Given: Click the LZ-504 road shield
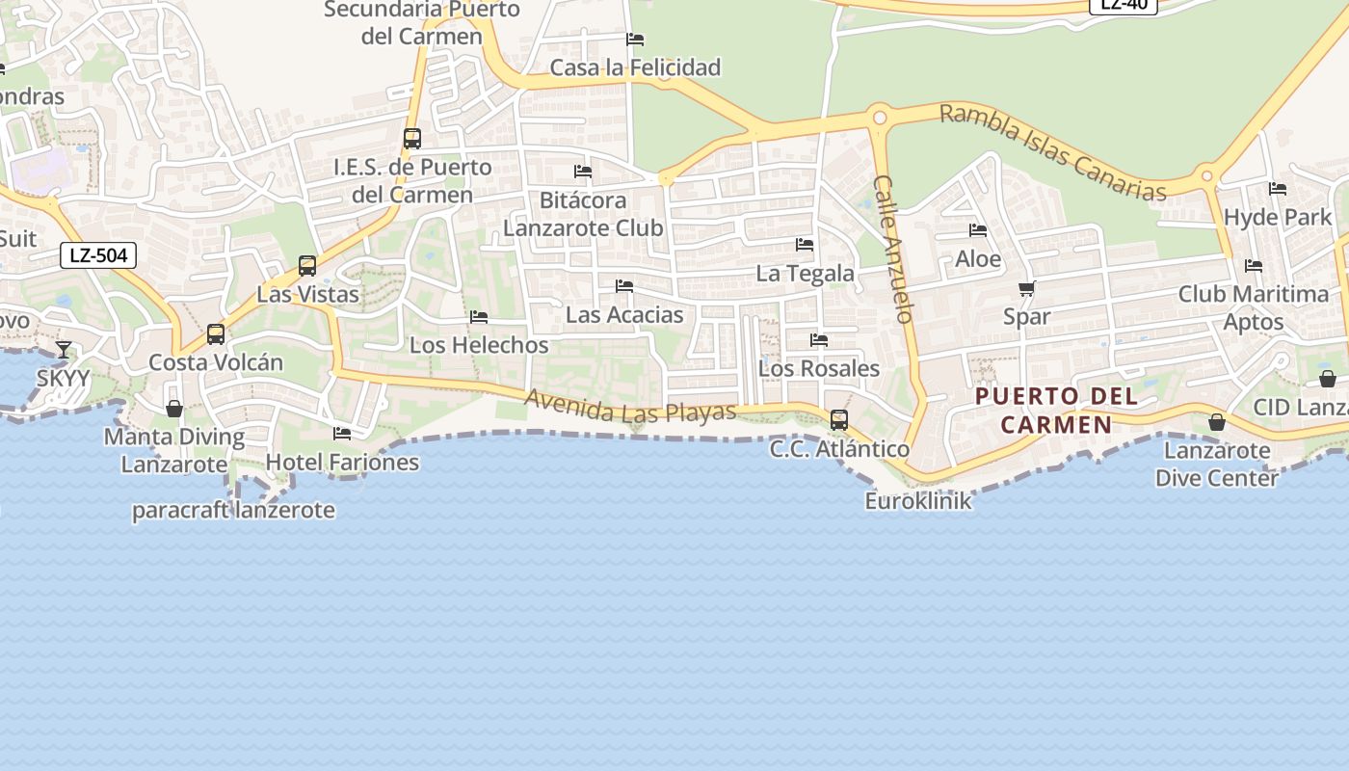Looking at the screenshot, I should click(98, 255).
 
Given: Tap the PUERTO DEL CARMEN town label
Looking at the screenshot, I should click(1056, 410).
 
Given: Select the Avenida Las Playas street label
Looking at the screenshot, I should click(630, 406).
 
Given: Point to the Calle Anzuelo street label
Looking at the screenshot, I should click(892, 248).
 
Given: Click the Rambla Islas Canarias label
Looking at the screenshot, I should click(1052, 152).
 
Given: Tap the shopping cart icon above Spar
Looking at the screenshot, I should click(1027, 288).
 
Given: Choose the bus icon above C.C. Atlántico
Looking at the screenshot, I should click(839, 419).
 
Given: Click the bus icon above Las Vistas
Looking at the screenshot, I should click(307, 265).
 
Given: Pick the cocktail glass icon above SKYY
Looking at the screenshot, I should click(64, 349).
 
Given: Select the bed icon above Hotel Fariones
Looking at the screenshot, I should click(342, 434).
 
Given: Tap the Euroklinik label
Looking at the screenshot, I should click(918, 501).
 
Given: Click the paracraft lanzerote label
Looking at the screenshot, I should click(234, 510).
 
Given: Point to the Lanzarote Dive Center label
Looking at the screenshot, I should click(1217, 464).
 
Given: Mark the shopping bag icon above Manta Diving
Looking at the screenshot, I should click(174, 409).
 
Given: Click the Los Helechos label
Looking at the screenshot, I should click(479, 344).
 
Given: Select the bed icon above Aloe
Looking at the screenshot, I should click(978, 230).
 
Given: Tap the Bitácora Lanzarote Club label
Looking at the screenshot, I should click(583, 214).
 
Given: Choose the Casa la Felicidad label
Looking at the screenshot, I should click(635, 67).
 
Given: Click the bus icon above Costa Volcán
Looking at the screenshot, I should click(216, 333).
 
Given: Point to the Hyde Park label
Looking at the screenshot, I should click(1278, 217).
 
